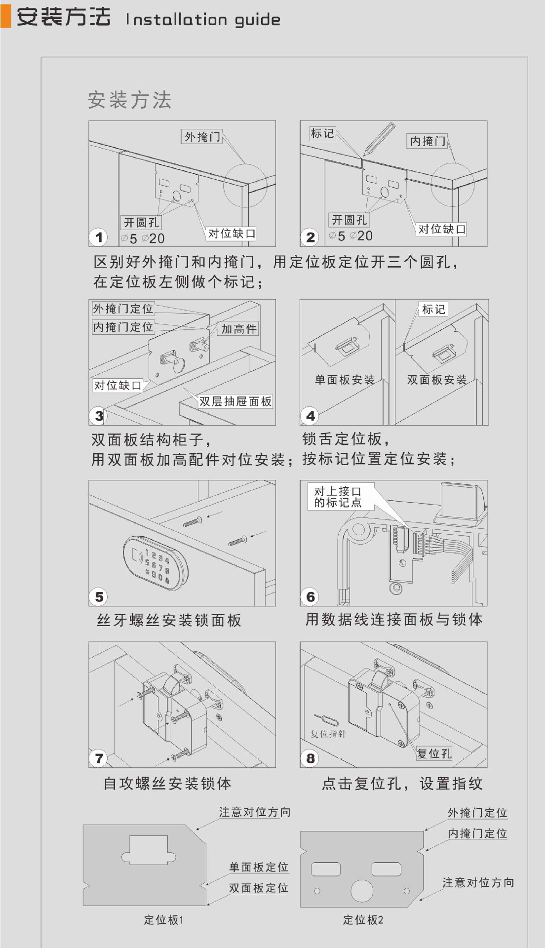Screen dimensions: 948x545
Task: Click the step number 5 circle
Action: click(x=99, y=596)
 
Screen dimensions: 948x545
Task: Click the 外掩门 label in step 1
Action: click(x=202, y=136)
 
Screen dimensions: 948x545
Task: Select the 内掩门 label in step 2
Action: click(x=428, y=141)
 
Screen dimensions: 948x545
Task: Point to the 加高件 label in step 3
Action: click(x=238, y=328)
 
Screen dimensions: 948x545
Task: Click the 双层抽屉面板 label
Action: click(x=235, y=401)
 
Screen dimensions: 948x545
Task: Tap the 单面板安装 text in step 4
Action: click(x=345, y=379)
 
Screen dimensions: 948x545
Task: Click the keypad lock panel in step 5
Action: click(x=155, y=562)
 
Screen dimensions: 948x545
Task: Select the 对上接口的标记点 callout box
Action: click(x=338, y=497)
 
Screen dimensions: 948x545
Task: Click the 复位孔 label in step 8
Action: click(x=434, y=753)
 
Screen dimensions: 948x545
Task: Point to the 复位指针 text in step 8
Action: click(x=328, y=734)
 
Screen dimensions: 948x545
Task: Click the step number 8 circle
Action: click(x=310, y=758)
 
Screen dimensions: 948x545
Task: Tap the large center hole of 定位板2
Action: click(x=362, y=890)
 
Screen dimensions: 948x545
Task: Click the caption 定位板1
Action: click(x=163, y=920)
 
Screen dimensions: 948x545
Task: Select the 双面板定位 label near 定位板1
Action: click(x=258, y=888)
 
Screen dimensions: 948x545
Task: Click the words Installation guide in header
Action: click(x=203, y=19)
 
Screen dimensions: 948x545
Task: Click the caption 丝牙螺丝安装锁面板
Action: click(x=169, y=620)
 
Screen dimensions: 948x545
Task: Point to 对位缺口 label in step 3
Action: click(x=117, y=385)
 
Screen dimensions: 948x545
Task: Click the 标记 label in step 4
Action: click(x=433, y=309)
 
